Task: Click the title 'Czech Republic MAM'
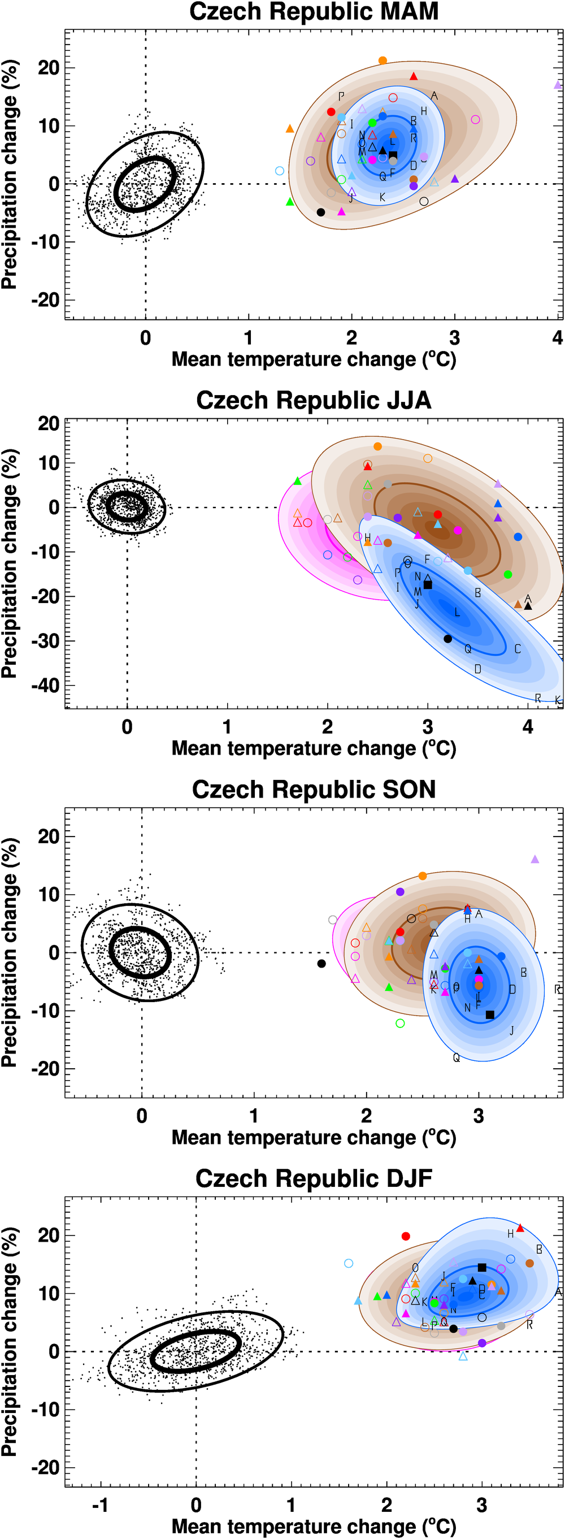[314, 11]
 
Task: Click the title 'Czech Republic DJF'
[314, 1178]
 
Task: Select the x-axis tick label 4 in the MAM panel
[557, 338]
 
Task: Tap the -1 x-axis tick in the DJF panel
[100, 1505]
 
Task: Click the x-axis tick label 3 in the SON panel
[479, 1116]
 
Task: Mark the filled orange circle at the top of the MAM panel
[383, 60]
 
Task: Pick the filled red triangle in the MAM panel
[414, 76]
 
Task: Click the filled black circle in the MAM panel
[321, 212]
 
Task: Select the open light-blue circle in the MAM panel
[280, 171]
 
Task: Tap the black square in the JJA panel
[428, 584]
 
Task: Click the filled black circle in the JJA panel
[448, 639]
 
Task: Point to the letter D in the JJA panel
[478, 669]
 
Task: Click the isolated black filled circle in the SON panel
[321, 964]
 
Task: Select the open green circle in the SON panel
[400, 1024]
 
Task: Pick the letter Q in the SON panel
[457, 1058]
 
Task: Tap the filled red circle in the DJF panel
[406, 1236]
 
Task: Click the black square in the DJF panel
[482, 1267]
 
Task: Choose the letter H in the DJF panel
[510, 1234]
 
